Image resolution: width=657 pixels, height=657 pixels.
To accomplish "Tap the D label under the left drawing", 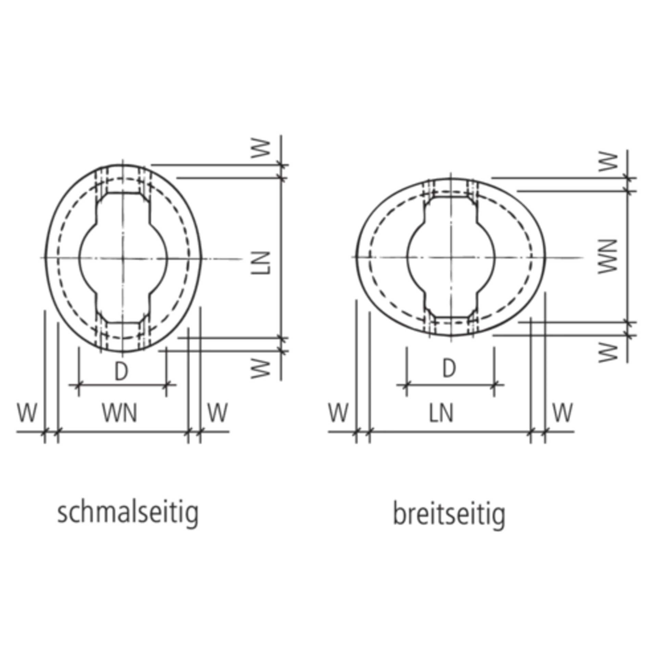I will [120, 372].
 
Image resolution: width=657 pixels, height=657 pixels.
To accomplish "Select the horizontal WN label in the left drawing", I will [120, 413].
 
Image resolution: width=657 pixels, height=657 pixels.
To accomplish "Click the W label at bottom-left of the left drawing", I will [26, 413].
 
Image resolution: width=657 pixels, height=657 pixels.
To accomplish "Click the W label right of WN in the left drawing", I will [219, 413].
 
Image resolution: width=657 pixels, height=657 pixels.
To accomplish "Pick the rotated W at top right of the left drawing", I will [261, 150].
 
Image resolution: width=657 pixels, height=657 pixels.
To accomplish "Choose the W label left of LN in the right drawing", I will [339, 413].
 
